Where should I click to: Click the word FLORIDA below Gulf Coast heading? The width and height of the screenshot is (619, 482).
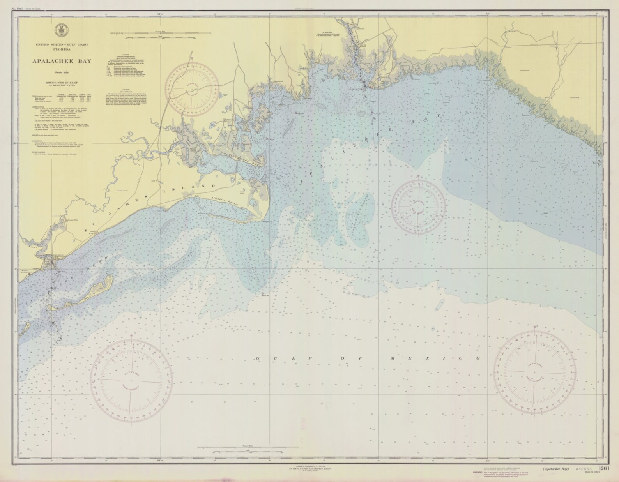tap(62, 50)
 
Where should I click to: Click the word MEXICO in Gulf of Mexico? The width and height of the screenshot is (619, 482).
tap(436, 358)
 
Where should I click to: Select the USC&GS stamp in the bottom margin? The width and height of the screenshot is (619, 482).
tap(583, 469)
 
